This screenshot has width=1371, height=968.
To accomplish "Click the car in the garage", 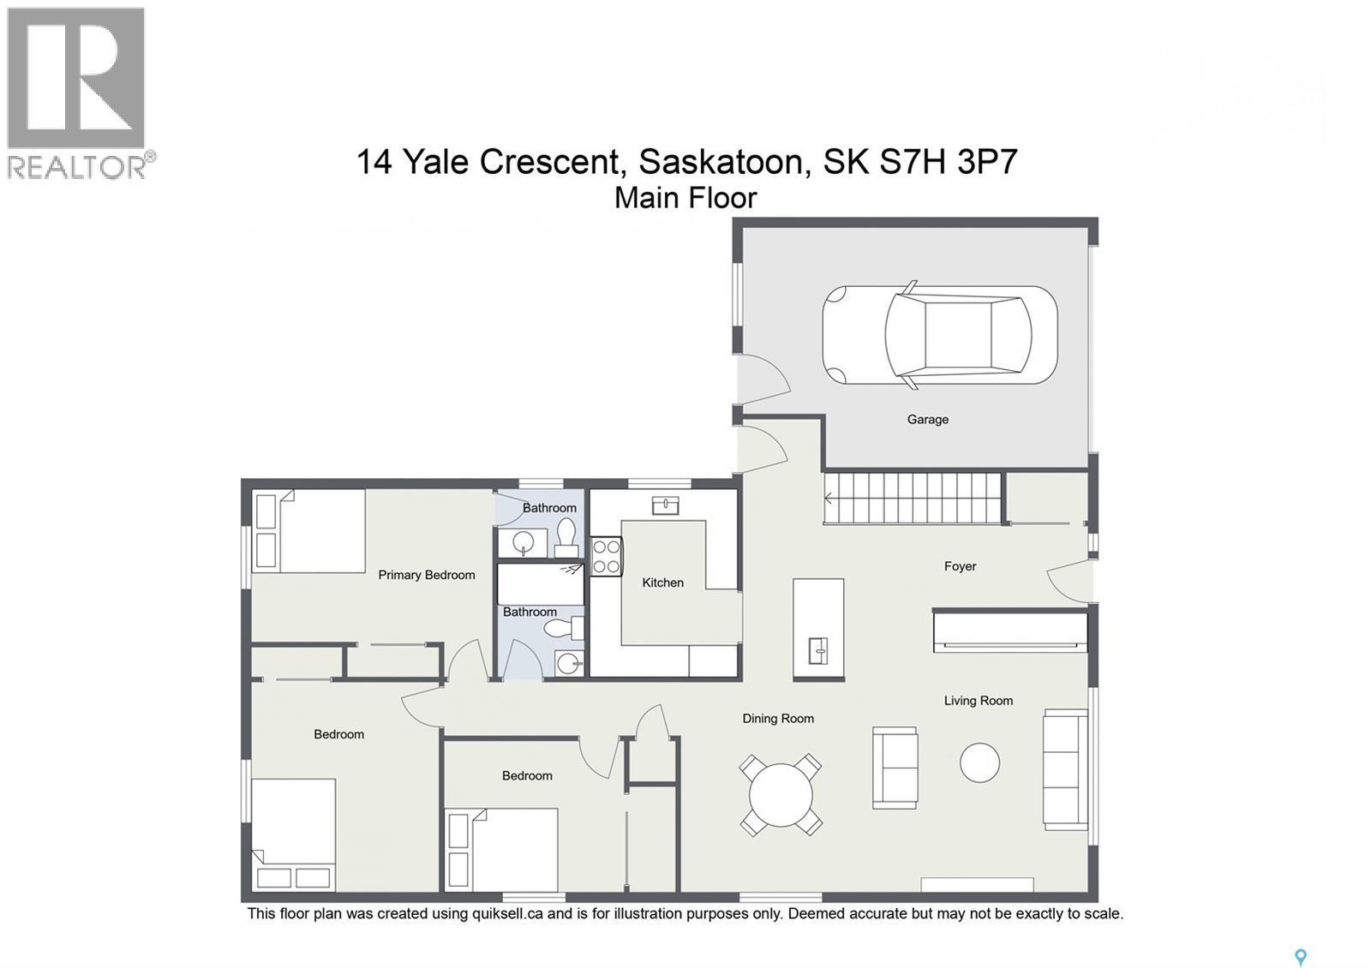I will (939, 335).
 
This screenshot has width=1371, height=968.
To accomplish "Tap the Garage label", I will (927, 420).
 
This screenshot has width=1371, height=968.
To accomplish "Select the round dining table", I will (781, 795).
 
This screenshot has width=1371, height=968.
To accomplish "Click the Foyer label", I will (960, 566).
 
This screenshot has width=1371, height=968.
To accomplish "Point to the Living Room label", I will (978, 701).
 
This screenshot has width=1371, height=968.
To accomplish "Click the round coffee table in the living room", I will (979, 762).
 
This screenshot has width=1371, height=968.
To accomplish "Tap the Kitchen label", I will (662, 583).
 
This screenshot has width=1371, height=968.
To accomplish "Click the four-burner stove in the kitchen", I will (607, 556).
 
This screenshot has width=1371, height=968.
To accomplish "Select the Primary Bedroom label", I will (426, 575).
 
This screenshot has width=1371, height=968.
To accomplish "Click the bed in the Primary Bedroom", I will (309, 531).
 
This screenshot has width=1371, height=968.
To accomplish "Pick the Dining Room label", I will (777, 719).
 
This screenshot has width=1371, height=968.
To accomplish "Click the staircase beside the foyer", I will (913, 498).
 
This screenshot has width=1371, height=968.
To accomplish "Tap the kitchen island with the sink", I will (818, 629).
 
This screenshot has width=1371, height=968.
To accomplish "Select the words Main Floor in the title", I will (685, 198).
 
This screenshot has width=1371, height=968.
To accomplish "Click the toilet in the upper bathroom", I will (566, 537).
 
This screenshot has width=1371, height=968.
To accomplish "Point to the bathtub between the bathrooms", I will (540, 583).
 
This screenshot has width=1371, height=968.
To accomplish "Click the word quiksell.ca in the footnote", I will (507, 914).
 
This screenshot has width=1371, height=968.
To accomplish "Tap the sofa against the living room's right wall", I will (1064, 768).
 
